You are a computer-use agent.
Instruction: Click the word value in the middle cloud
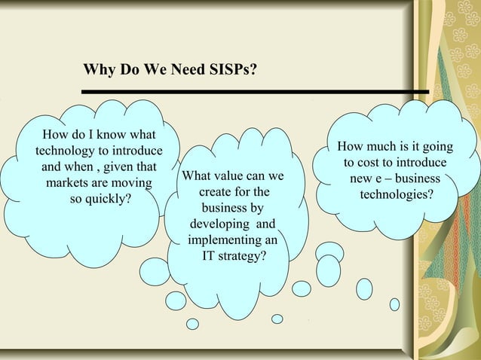(230, 177)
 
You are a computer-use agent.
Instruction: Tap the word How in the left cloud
(56, 136)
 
